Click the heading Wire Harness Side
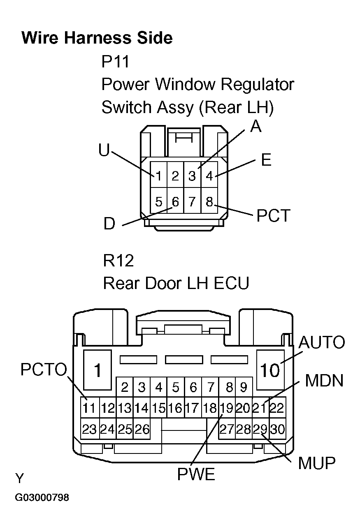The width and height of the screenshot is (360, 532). (x=97, y=38)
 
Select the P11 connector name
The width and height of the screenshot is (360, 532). (x=115, y=62)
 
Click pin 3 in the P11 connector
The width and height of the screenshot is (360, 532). (x=192, y=176)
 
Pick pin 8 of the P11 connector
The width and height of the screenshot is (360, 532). (x=209, y=202)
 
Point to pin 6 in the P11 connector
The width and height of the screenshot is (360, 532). (x=175, y=202)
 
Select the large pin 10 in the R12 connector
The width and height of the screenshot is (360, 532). (x=270, y=370)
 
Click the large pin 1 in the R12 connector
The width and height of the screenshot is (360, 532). (x=98, y=370)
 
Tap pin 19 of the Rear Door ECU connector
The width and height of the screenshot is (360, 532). (x=226, y=408)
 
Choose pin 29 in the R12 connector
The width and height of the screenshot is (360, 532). (x=260, y=430)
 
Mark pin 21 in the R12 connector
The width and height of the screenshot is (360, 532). (x=260, y=408)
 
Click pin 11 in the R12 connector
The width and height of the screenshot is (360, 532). (x=89, y=408)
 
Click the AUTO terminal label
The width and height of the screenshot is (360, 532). (x=321, y=342)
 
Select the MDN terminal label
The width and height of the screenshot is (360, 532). (x=324, y=381)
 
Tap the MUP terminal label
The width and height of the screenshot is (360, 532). (x=317, y=463)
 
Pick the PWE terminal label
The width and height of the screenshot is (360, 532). (x=196, y=475)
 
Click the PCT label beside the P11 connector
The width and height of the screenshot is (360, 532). (x=274, y=215)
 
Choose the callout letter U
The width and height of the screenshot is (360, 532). (x=104, y=150)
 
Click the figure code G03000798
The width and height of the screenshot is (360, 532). (x=42, y=498)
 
